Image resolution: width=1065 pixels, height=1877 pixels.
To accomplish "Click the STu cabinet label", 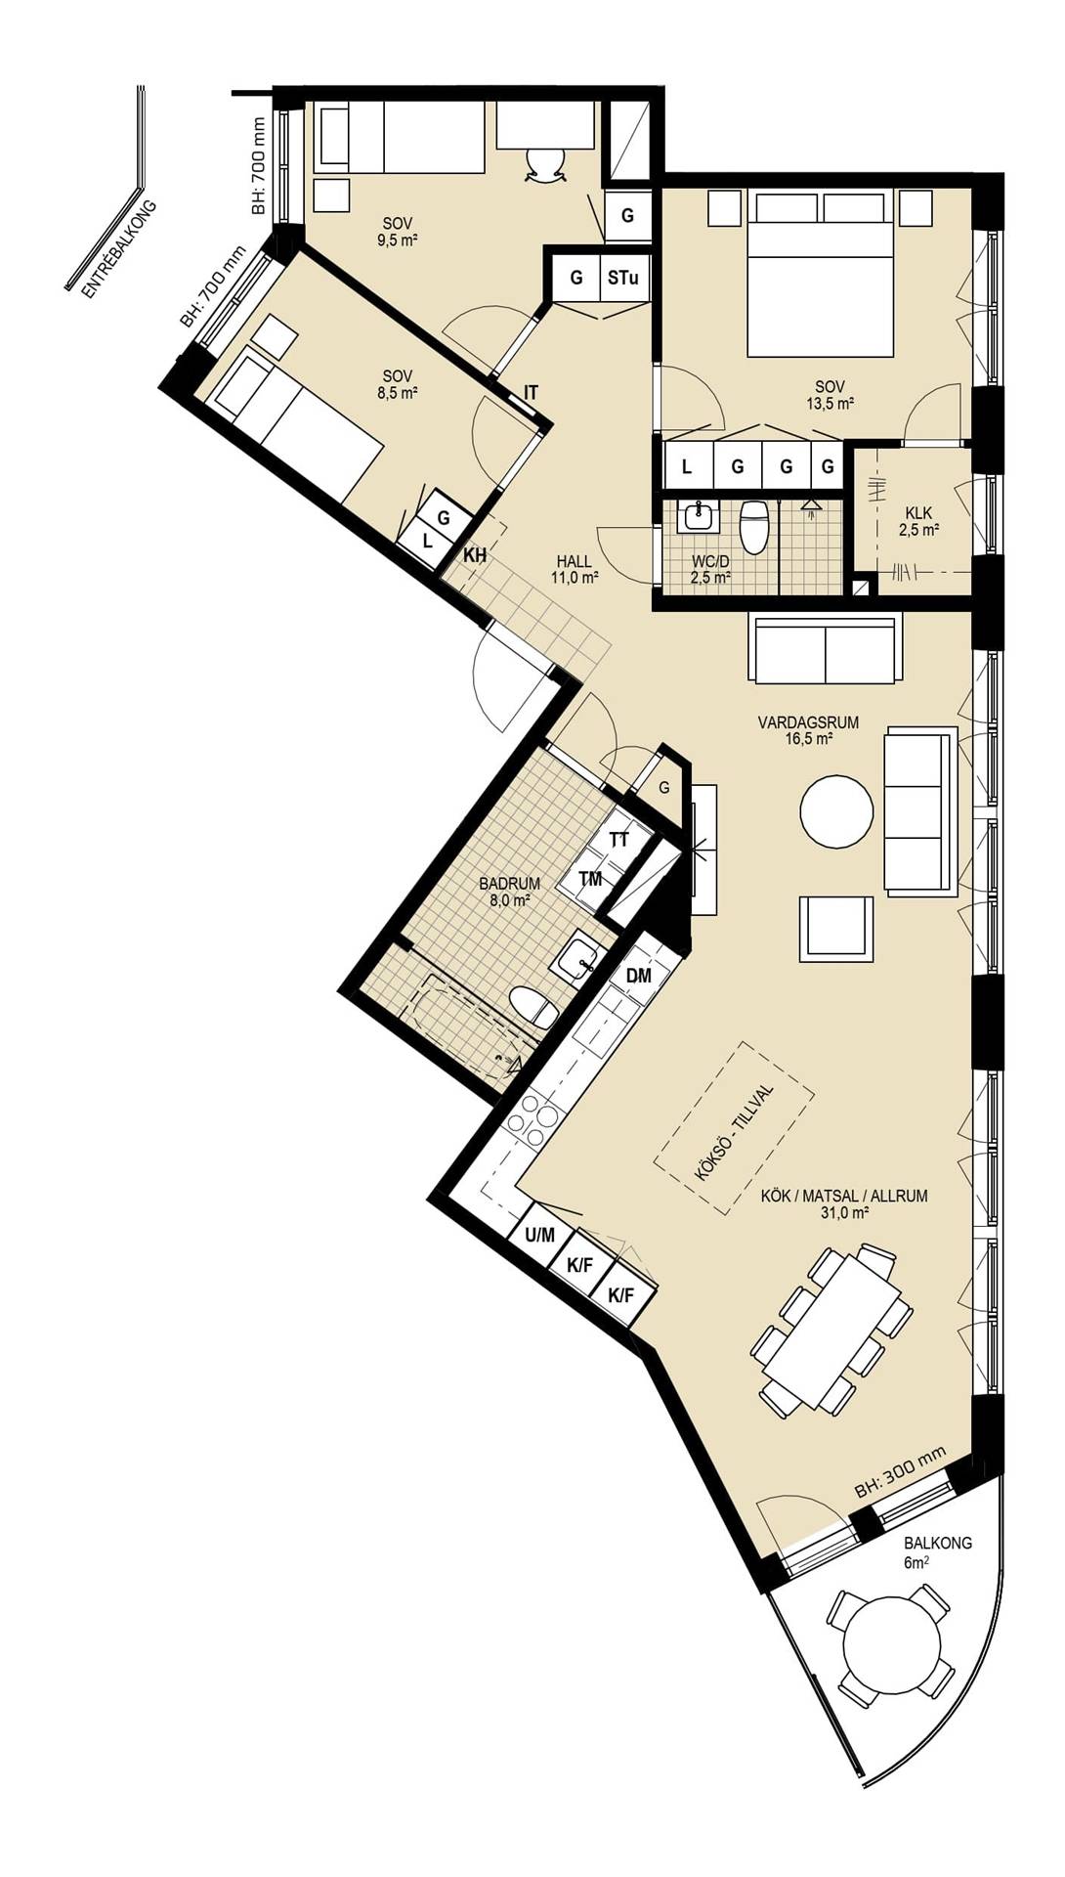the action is pos(623,278).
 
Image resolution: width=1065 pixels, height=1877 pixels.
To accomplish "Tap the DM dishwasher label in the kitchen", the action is pos(639,976).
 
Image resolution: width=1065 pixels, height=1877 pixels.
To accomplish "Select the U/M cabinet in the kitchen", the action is pos(539,1236).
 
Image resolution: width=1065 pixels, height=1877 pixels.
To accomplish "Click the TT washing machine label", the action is pos(618,840).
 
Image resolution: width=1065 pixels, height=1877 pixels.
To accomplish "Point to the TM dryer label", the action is pos(590,879).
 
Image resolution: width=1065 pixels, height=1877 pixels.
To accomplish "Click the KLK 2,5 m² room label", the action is pos(918,522).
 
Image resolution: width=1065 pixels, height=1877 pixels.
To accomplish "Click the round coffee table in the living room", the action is pos(836,811).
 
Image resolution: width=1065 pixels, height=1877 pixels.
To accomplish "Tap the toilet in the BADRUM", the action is pos(533,1007).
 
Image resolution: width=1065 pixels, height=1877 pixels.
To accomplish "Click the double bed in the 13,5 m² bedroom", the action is pos(821,274).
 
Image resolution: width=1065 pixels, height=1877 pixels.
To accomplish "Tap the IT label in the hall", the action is pos(531,393).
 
